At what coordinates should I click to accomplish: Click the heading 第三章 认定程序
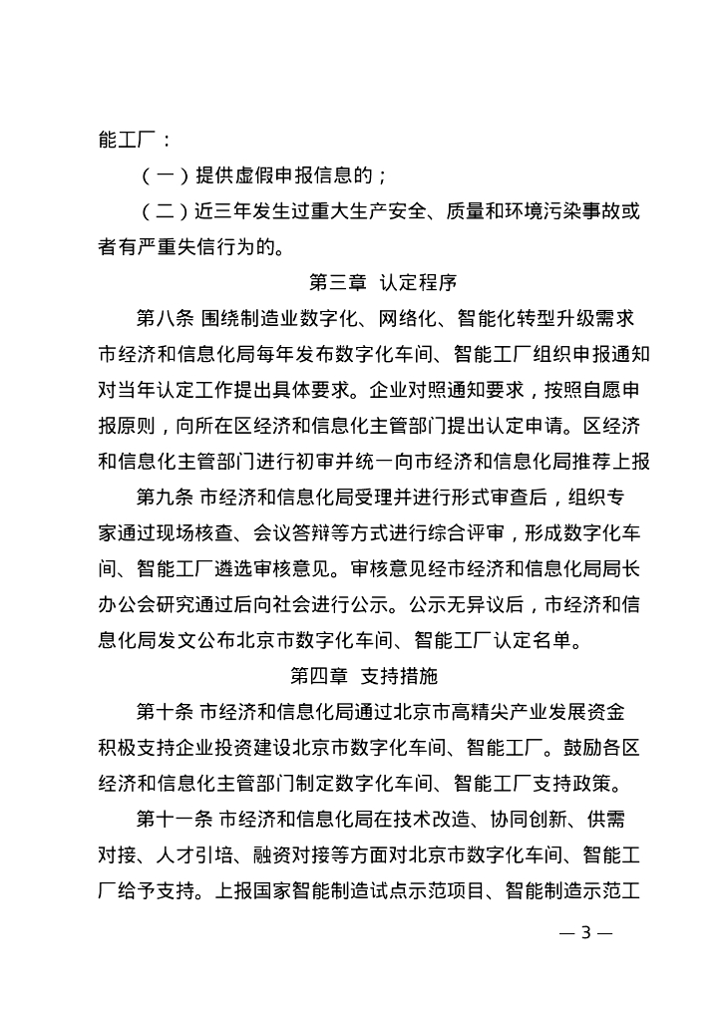click(384, 283)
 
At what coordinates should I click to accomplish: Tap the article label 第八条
click(167, 319)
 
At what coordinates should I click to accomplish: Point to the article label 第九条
click(167, 497)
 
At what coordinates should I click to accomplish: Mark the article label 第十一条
click(175, 819)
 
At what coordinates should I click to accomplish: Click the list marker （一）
click(162, 176)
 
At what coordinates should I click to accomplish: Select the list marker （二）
click(162, 212)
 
